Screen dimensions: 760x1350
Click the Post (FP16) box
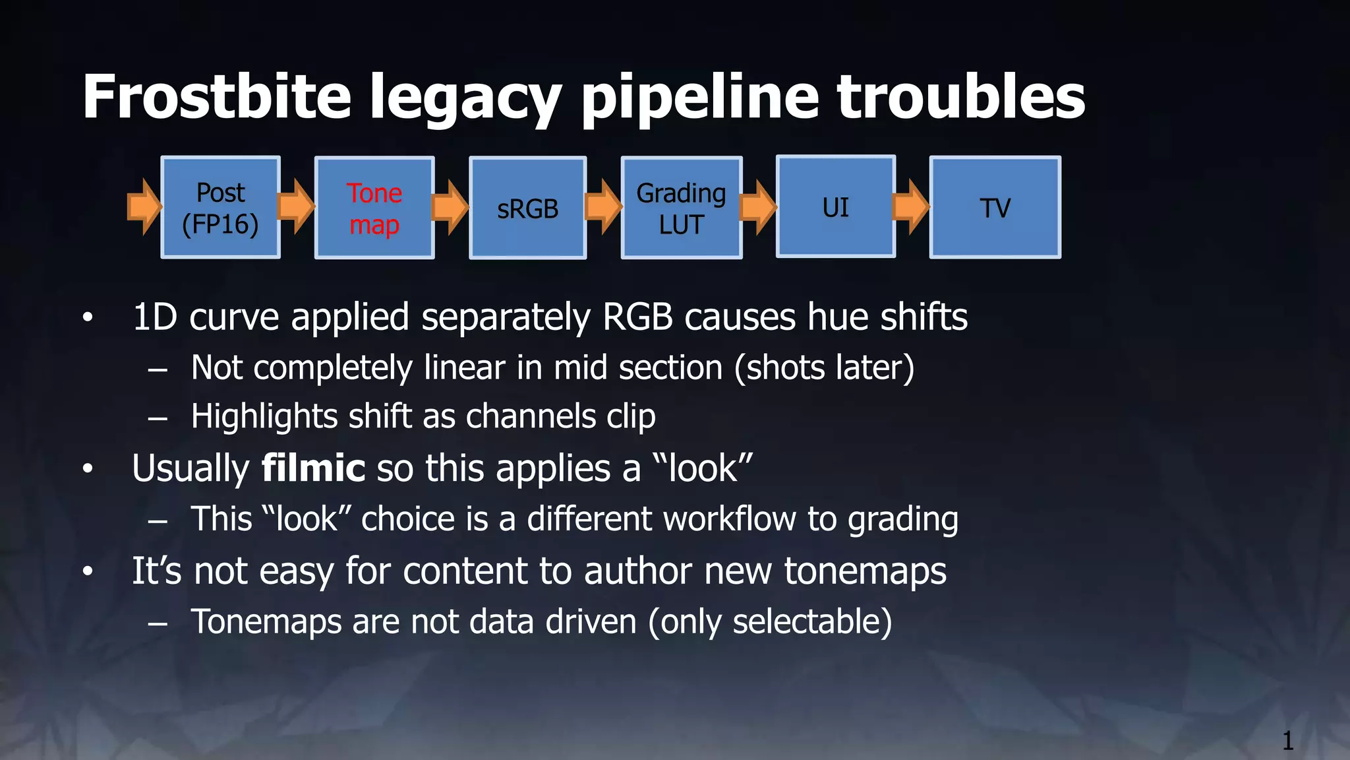220,208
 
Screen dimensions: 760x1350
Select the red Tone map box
374,208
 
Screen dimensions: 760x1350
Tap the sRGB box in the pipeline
527,208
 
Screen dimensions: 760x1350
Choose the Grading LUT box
681,208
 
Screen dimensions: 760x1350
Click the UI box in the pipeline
835,207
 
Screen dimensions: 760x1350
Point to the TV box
995,208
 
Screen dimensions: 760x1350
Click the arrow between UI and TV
911,206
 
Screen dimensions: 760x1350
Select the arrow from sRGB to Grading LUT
603,206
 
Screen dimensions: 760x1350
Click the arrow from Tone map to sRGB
450,206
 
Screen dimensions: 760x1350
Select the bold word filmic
313,468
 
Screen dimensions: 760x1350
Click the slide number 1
1287,741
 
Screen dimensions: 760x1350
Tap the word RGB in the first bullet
637,317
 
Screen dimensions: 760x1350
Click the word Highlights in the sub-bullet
264,417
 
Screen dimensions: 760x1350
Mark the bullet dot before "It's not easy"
88,571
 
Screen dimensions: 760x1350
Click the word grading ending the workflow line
902,520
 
